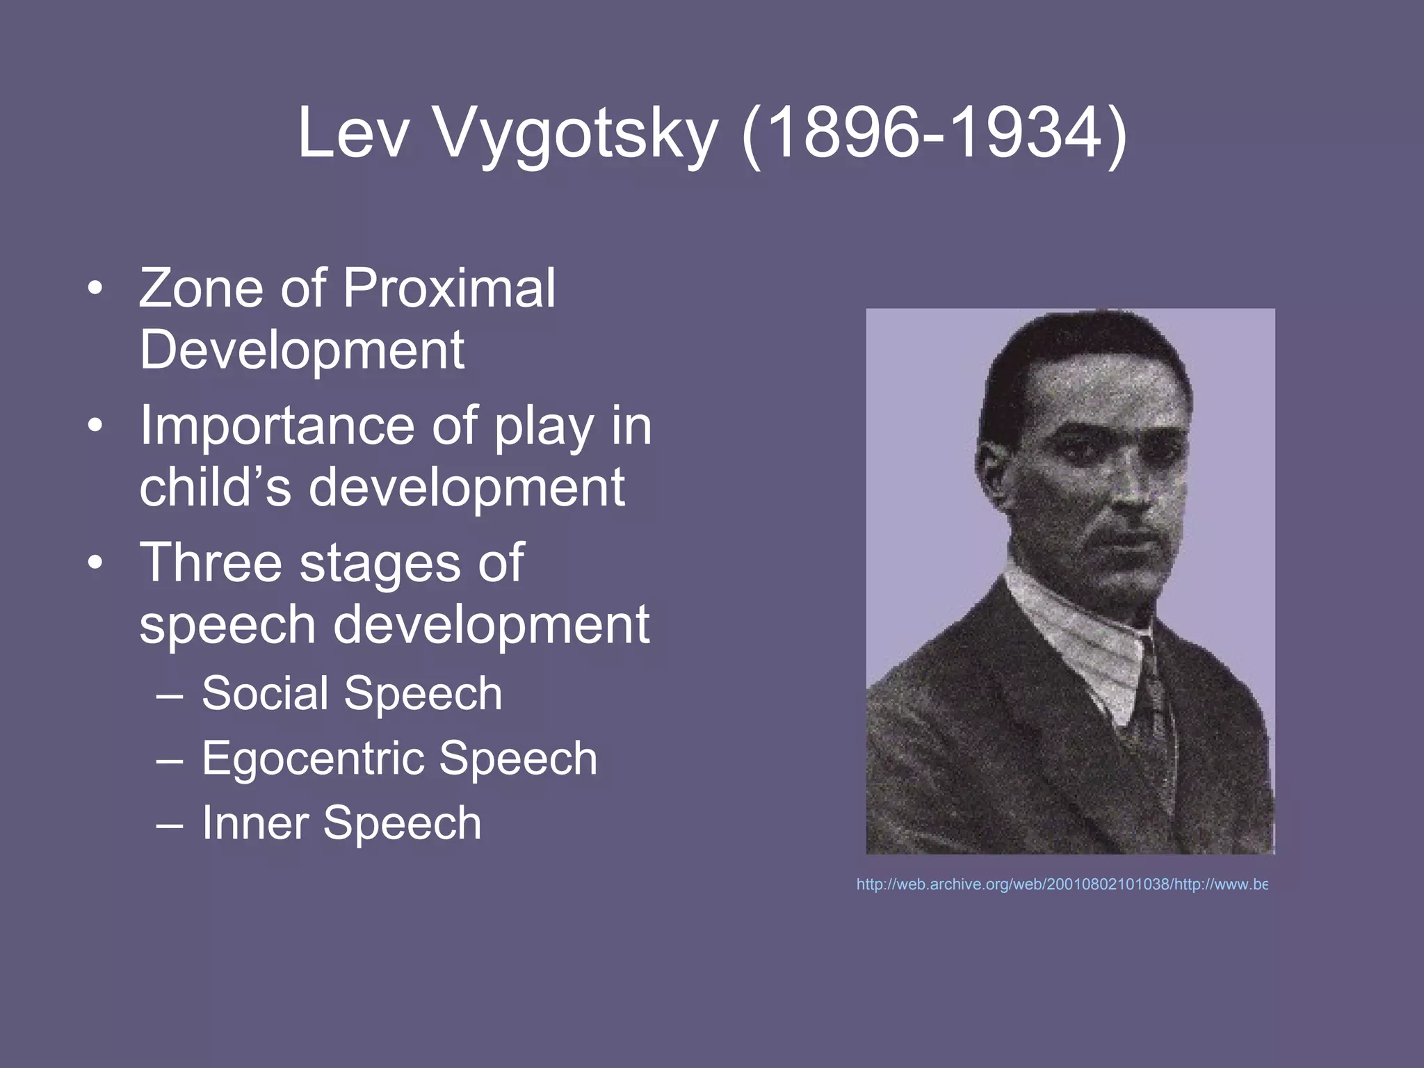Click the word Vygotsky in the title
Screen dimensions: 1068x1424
coord(576,133)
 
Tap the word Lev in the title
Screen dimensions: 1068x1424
coord(353,133)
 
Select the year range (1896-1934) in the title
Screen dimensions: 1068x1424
coord(934,133)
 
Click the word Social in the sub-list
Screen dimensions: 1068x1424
coord(265,693)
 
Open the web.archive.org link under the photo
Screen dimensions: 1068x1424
coord(1062,884)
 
